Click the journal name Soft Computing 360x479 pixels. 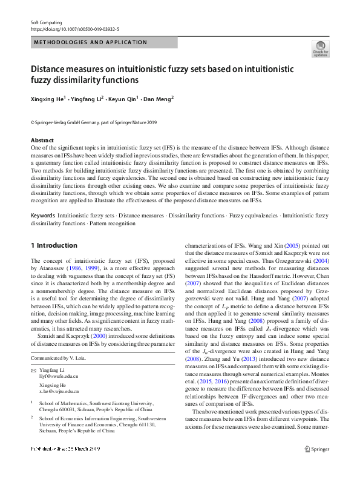[46, 22]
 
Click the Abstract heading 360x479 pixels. [42, 140]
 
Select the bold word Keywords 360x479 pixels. [42, 216]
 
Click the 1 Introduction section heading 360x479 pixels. [54, 245]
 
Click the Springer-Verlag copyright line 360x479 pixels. [93, 122]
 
